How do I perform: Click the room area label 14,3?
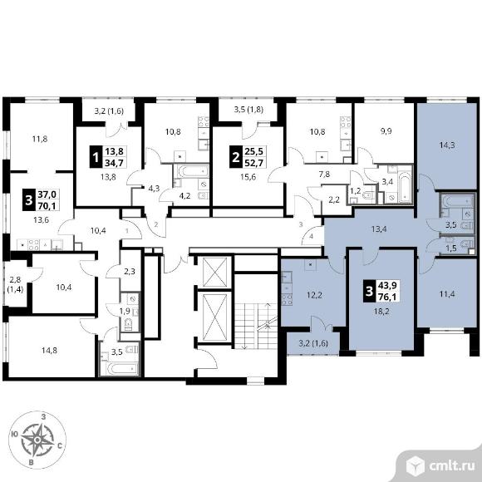tap(447, 145)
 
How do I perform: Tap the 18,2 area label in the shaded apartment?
tap(381, 312)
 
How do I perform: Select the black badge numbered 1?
tap(96, 157)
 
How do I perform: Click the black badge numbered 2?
tap(236, 157)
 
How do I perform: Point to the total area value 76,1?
tap(387, 296)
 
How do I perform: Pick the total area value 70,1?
tap(47, 205)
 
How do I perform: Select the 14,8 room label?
tap(49, 350)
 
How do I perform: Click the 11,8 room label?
tap(40, 139)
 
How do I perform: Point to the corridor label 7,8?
tap(324, 174)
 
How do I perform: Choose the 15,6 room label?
tap(248, 177)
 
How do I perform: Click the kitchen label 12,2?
tap(314, 295)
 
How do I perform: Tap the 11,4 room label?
tap(447, 294)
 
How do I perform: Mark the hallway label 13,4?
tap(379, 229)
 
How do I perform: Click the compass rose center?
tap(37, 440)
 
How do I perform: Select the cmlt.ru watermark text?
tap(451, 466)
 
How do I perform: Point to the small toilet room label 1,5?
tap(451, 249)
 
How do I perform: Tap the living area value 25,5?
tap(254, 151)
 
